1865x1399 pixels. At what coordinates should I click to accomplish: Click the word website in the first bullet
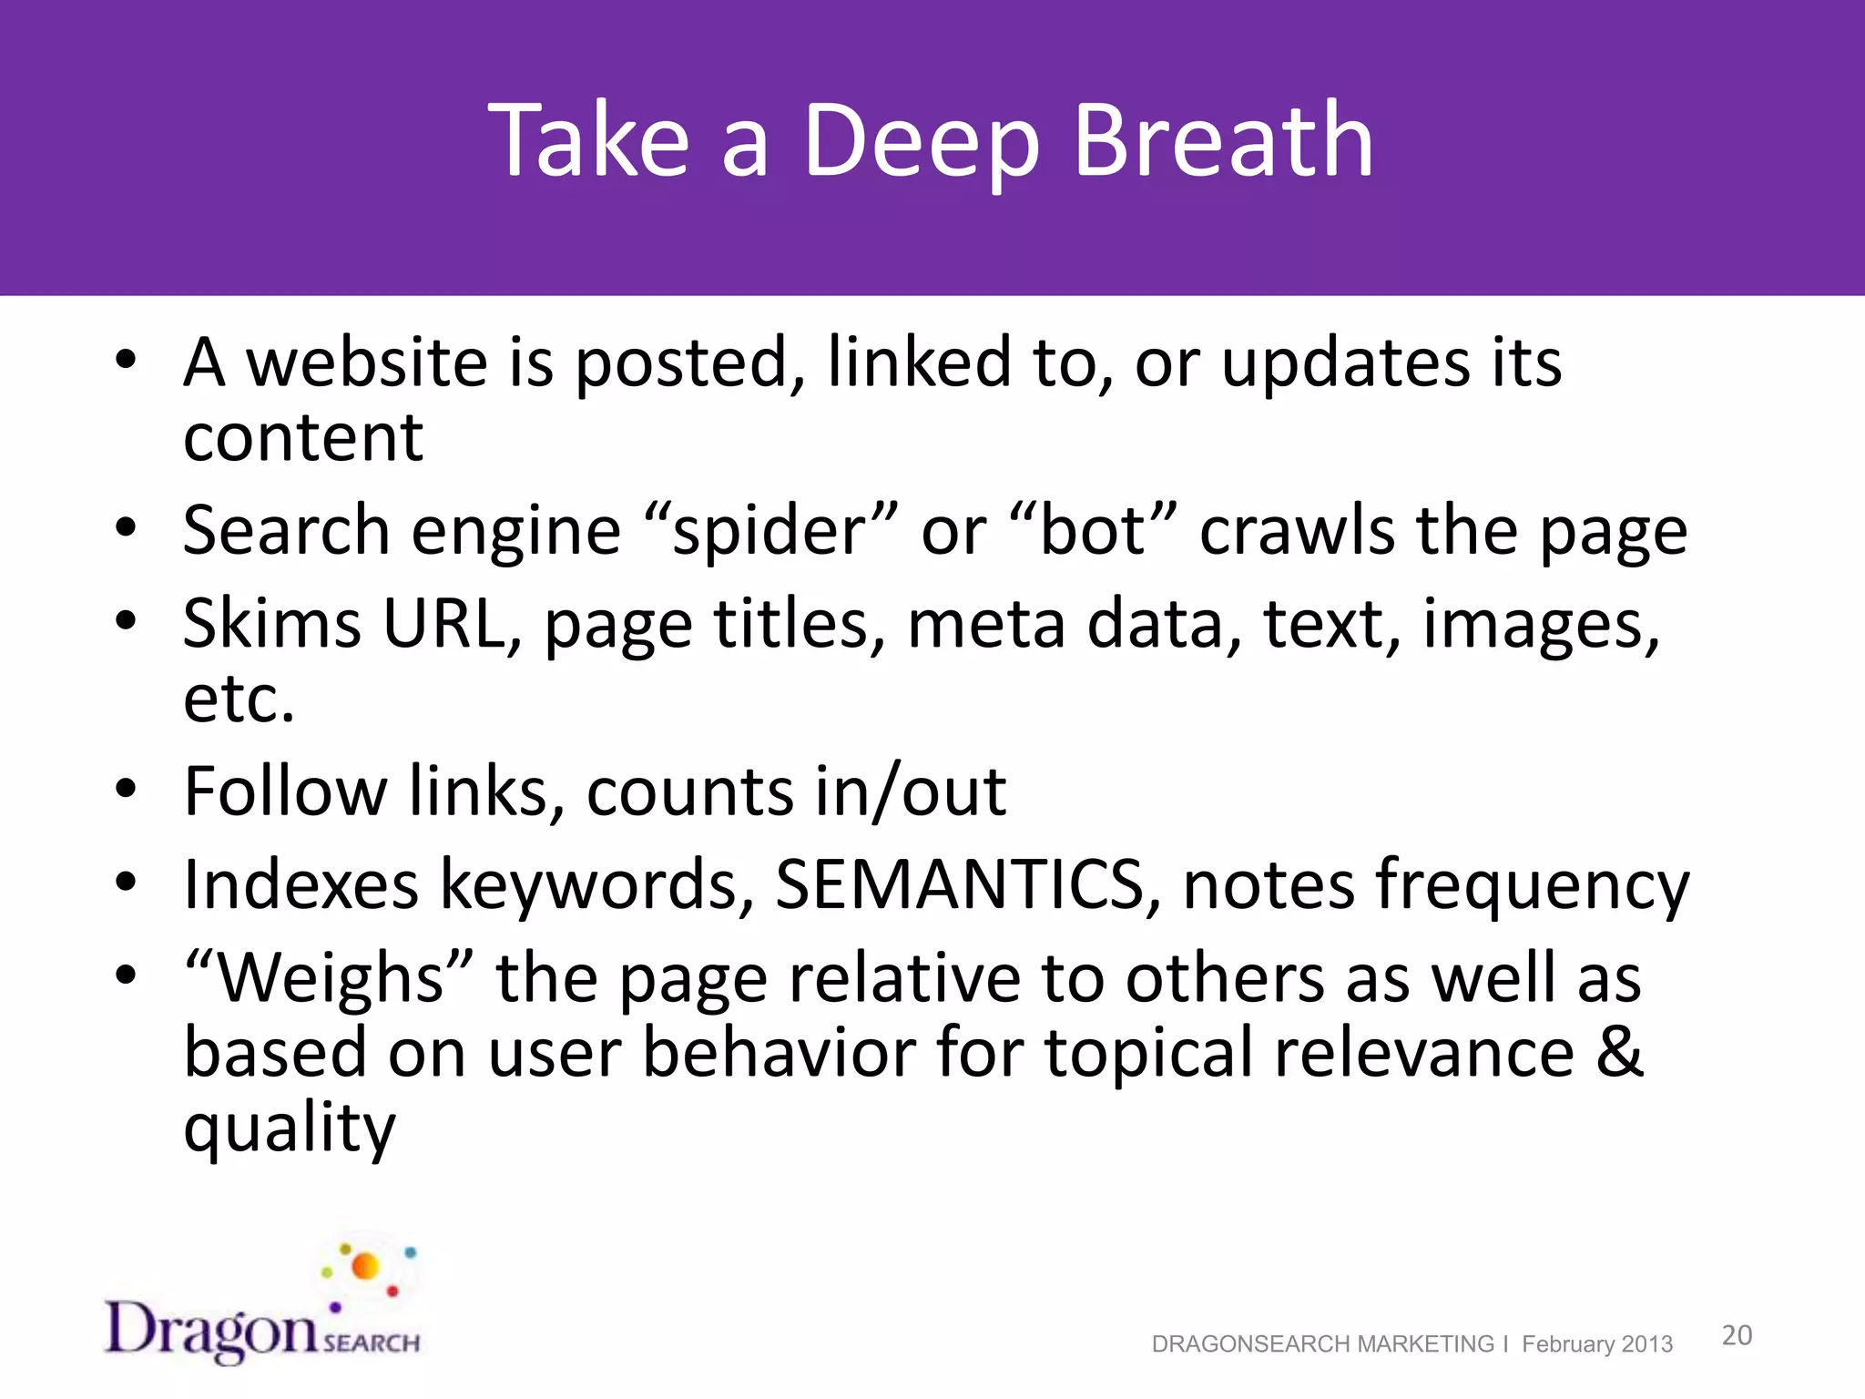367,363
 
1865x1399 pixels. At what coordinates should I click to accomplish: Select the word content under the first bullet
303,438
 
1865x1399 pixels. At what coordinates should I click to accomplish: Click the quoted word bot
1093,531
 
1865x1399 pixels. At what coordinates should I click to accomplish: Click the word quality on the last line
290,1129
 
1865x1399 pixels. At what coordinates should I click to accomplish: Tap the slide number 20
1737,1335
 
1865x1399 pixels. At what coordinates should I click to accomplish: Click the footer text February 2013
1596,1344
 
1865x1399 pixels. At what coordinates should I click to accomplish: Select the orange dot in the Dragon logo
365,1266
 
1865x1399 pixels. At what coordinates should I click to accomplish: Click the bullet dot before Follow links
126,789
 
